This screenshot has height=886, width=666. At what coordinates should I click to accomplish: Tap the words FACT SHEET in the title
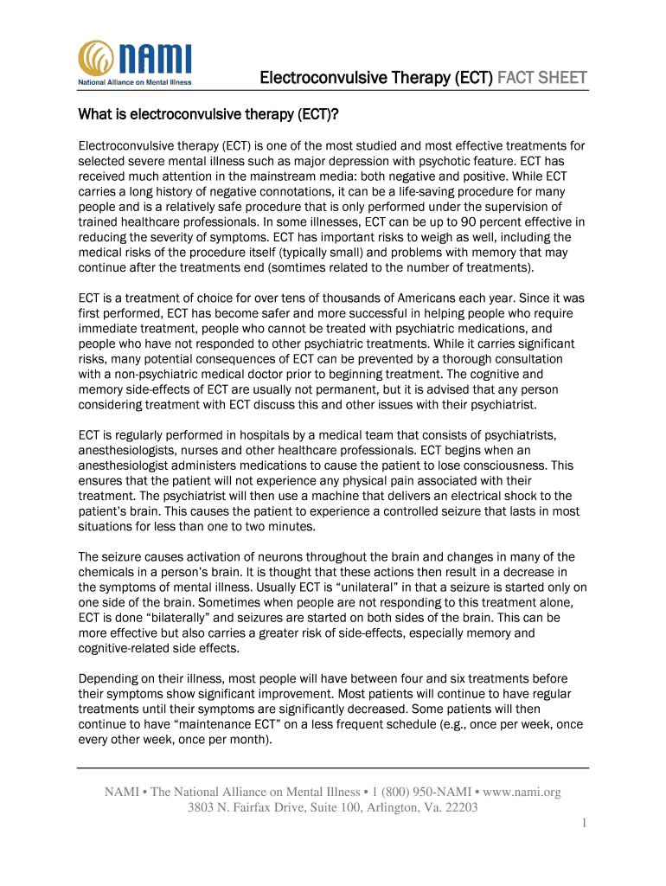click(x=541, y=78)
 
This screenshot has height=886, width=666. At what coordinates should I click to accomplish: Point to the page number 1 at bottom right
click(x=585, y=824)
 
